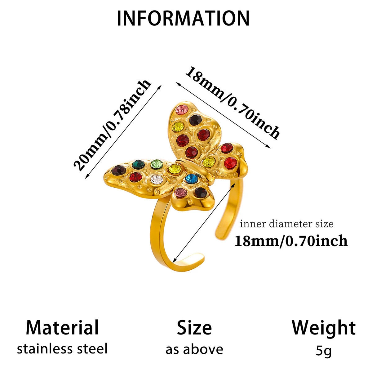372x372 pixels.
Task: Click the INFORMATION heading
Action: tap(183, 18)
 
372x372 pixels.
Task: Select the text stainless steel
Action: tap(62, 349)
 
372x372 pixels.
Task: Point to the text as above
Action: tap(194, 349)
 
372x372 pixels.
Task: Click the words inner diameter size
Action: tap(287, 224)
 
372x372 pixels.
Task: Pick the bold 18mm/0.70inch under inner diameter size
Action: tap(291, 241)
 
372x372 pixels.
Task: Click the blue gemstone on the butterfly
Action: tap(192, 179)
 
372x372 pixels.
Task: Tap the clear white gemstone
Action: tap(157, 179)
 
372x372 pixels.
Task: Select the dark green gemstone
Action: tap(138, 164)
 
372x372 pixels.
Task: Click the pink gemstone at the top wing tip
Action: tap(182, 109)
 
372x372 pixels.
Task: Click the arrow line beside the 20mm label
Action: tap(123, 131)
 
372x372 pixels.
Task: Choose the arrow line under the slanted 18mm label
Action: tap(223, 115)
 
